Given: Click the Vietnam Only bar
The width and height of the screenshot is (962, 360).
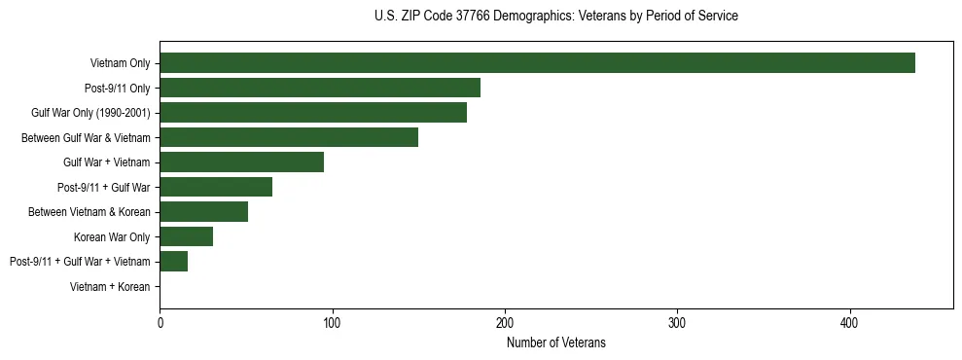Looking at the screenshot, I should (537, 63).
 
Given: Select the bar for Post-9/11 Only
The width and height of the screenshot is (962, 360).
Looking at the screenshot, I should (320, 89).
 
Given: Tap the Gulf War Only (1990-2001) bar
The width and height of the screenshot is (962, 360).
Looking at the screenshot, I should (313, 113).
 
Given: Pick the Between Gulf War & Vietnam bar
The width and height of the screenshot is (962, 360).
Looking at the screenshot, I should (289, 137).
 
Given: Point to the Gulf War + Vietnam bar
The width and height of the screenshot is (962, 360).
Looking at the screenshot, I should (241, 162).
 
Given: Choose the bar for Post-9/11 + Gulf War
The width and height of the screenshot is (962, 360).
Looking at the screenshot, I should (216, 187).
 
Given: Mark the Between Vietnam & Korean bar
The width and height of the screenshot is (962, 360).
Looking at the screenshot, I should (203, 212).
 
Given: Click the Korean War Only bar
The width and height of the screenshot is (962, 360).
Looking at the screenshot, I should (186, 236).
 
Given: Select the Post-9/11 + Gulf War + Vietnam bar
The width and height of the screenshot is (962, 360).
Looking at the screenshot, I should (173, 261).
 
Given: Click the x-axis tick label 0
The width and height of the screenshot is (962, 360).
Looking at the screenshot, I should (160, 322).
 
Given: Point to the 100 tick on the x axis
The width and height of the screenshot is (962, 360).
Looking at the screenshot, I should (333, 322).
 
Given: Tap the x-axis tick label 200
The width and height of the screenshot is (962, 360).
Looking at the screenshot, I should (505, 322).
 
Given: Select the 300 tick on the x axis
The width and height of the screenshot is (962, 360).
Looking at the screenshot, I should (678, 322).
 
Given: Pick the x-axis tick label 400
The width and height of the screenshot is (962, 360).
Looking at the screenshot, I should (850, 322).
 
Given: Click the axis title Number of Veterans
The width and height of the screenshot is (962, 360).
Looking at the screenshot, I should (555, 342).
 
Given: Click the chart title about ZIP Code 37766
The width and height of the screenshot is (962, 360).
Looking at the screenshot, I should (555, 17).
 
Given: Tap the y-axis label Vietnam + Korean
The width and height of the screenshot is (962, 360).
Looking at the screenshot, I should (110, 286).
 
